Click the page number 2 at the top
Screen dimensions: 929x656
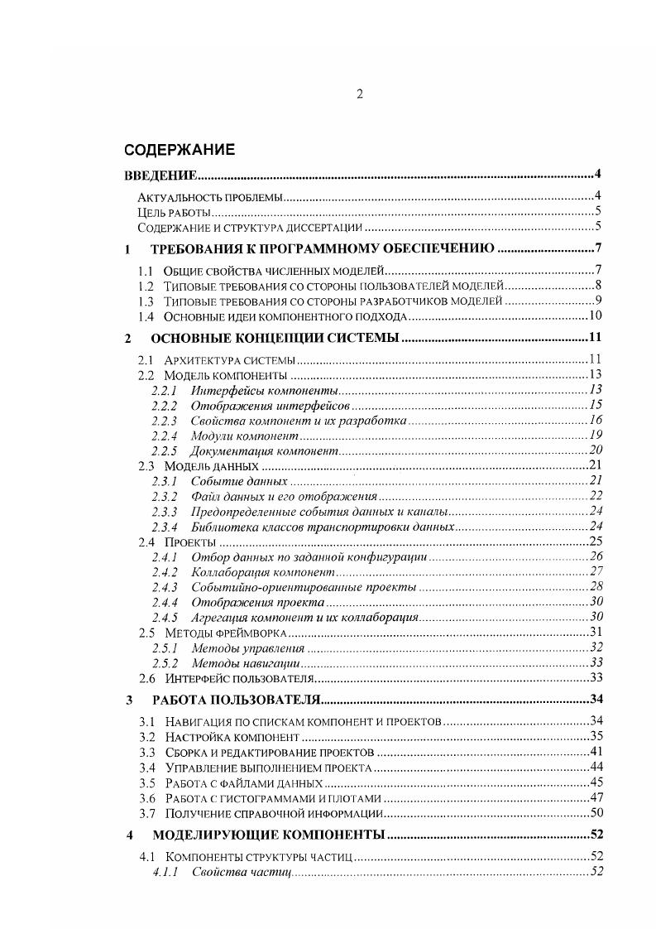tap(360, 94)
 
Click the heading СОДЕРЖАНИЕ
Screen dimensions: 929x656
tap(179, 150)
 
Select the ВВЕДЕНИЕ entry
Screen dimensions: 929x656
tap(160, 175)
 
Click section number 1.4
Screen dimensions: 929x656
tap(146, 315)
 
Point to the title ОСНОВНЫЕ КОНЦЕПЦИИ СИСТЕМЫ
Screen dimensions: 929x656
tap(275, 338)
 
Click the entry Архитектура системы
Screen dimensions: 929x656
tap(229, 359)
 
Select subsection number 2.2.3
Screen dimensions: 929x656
tap(165, 421)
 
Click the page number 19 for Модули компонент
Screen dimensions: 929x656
tap(594, 436)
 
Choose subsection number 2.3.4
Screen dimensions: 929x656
tap(165, 527)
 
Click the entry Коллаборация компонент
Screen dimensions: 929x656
tap(262, 572)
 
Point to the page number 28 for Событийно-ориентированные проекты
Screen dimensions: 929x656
tap(594, 587)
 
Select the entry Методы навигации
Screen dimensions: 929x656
tap(245, 664)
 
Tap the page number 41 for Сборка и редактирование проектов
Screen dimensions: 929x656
tap(594, 752)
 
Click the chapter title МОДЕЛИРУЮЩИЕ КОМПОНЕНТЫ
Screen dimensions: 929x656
tap(269, 835)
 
